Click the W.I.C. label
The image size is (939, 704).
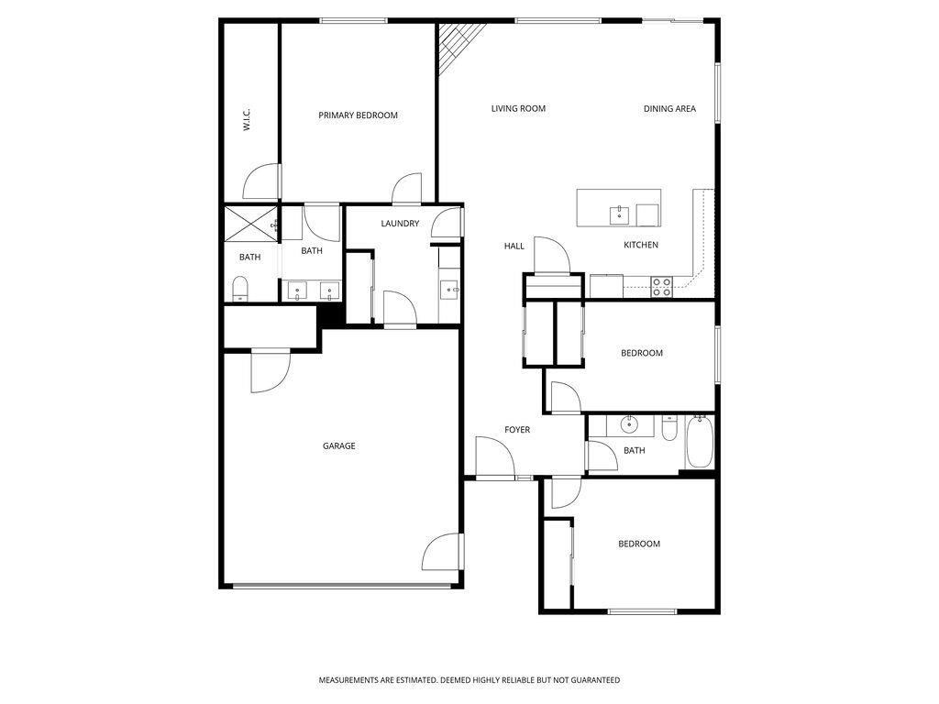point(248,120)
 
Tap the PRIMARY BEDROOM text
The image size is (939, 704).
point(358,115)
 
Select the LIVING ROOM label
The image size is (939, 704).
point(518,109)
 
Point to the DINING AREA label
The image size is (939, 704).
point(669,109)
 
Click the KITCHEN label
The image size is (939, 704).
point(641,246)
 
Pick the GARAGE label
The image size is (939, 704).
point(338,446)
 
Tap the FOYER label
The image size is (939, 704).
point(517,430)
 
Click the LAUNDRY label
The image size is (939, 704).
point(400,224)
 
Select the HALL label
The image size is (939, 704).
point(514,247)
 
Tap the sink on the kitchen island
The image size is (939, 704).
point(619,215)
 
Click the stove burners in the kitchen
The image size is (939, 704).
point(661,287)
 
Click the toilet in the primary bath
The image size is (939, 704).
point(240,291)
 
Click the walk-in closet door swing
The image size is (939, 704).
point(262,181)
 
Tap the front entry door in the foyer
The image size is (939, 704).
point(493,457)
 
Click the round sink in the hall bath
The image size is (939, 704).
point(629,424)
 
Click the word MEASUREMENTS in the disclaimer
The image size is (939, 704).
point(349,680)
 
